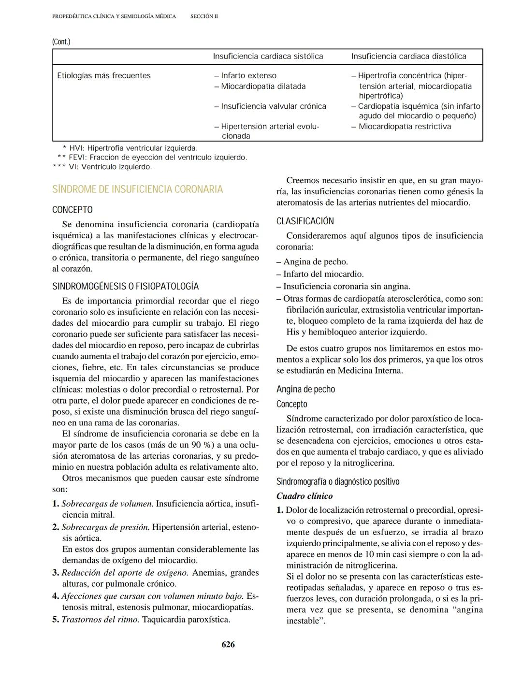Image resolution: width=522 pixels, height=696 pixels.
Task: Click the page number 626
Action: pyautogui.click(x=228, y=644)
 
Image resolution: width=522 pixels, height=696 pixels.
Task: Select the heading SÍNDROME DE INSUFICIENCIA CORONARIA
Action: pyautogui.click(x=137, y=189)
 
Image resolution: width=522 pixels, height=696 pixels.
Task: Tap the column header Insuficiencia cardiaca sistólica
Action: pyautogui.click(x=268, y=57)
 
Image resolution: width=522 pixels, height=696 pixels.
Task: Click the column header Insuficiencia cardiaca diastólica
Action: pyautogui.click(x=408, y=57)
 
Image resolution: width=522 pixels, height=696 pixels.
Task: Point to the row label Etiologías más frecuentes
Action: pyautogui.click(x=104, y=76)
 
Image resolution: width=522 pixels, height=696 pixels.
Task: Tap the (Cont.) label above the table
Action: pyautogui.click(x=61, y=42)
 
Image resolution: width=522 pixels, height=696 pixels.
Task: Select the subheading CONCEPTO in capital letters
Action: pyautogui.click(x=72, y=210)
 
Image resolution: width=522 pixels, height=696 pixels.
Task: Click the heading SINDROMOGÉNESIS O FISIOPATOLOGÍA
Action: pyautogui.click(x=125, y=287)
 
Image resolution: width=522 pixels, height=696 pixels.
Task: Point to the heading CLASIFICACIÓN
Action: pyautogui.click(x=305, y=221)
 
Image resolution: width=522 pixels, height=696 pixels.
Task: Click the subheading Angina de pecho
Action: pyautogui.click(x=305, y=390)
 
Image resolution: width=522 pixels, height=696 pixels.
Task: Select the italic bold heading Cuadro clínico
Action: pyautogui.click(x=304, y=496)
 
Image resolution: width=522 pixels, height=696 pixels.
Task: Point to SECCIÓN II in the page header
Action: pyautogui.click(x=204, y=16)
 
